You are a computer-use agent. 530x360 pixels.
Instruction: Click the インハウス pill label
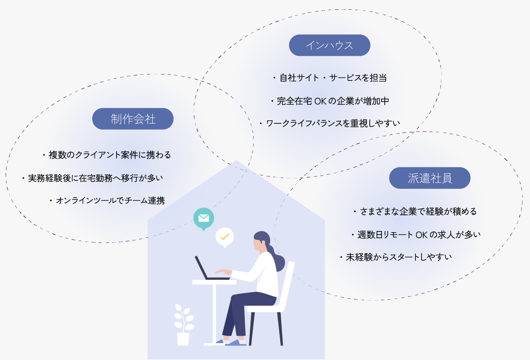(x=329, y=45)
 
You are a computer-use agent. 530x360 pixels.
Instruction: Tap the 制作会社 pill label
(x=133, y=119)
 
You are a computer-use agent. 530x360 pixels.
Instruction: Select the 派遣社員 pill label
(x=430, y=178)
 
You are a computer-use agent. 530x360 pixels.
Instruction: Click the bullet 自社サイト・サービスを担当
(x=330, y=78)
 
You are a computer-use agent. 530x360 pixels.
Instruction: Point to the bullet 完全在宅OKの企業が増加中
(x=329, y=101)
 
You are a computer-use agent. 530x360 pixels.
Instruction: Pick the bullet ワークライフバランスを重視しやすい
(x=329, y=123)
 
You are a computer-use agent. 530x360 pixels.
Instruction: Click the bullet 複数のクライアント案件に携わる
(x=106, y=155)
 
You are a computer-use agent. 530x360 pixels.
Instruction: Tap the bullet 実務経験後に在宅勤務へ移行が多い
(x=93, y=178)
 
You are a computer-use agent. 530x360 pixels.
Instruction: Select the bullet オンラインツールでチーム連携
(x=107, y=201)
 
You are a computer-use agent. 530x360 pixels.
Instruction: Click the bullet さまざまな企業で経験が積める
(x=414, y=212)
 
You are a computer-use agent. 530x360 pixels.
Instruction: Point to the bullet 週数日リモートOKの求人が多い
(x=416, y=234)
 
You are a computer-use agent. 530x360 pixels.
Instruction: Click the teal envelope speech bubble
(x=204, y=218)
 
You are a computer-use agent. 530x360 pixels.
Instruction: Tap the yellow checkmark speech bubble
(x=225, y=237)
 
